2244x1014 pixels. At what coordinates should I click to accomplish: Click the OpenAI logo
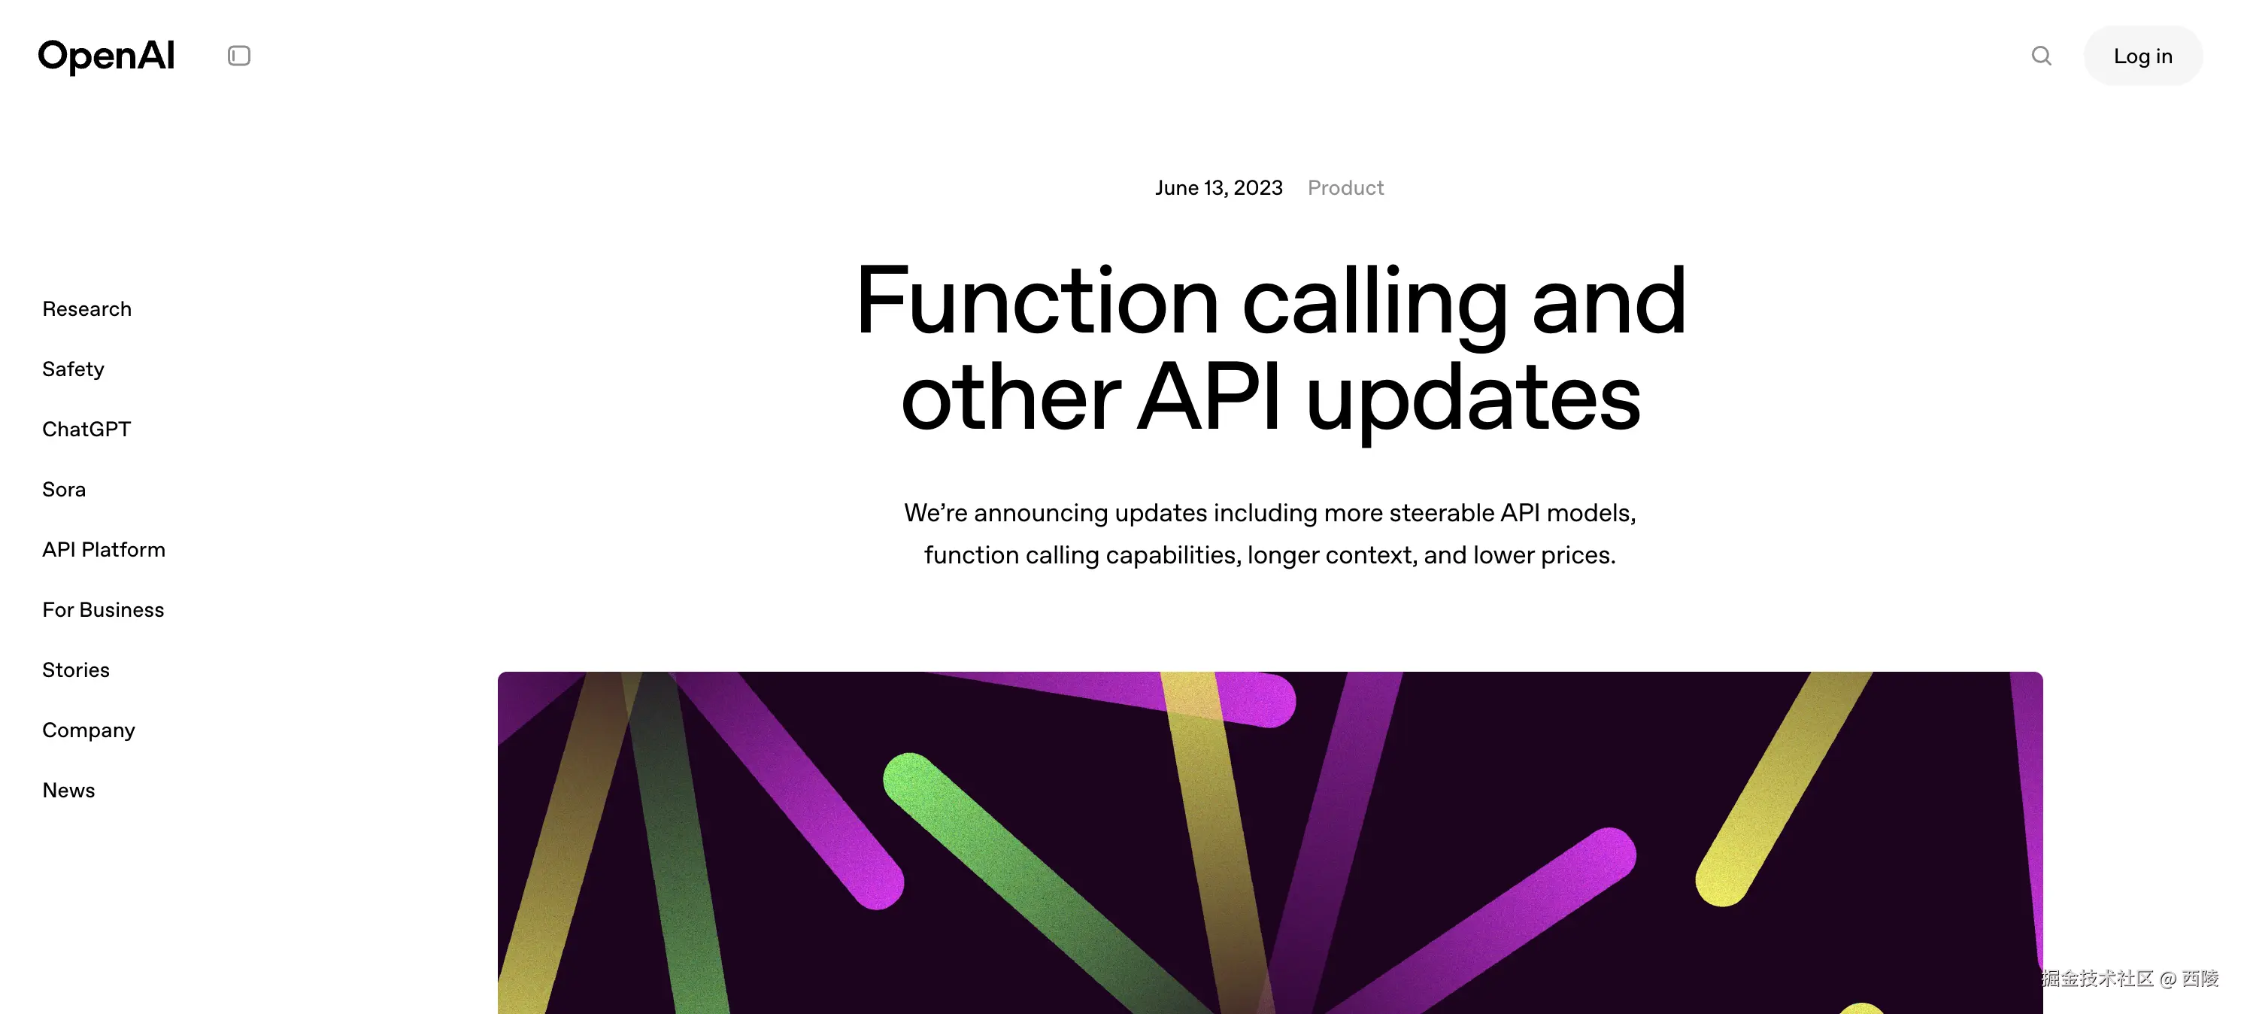106,56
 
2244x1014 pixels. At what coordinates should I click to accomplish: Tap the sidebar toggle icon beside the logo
238,56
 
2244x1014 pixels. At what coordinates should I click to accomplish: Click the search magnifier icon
2041,56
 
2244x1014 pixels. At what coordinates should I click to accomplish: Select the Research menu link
87,309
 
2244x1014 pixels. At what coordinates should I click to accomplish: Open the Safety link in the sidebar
73,369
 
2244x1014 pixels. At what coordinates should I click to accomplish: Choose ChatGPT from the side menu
86,430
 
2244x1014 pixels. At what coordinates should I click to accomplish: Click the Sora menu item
65,490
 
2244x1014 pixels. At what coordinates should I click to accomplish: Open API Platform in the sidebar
104,550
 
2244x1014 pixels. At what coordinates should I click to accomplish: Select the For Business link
103,610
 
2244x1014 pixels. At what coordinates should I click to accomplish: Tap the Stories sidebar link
76,670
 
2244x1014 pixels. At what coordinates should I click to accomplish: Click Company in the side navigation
89,730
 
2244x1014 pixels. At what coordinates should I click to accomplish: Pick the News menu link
69,790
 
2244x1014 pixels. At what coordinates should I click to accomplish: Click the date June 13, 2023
1219,188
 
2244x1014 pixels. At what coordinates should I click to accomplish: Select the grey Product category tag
1346,188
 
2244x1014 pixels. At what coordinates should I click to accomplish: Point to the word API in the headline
1209,397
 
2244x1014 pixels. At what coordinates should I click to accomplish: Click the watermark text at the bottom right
2130,979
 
